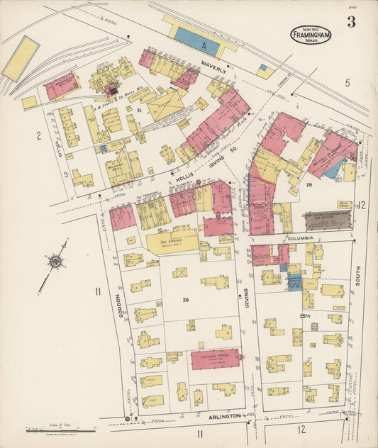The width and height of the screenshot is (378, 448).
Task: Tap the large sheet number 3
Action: [351, 21]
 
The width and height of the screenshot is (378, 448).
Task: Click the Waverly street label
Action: [213, 69]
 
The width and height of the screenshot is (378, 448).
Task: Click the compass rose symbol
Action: [54, 263]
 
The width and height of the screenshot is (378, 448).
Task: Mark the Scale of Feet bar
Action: [60, 430]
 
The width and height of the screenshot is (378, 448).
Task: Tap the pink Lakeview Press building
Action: [216, 359]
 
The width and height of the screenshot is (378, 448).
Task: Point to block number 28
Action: [187, 301]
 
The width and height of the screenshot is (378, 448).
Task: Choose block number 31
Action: [140, 111]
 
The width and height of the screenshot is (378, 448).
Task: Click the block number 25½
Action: [306, 315]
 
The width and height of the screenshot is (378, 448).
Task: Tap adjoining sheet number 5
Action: [348, 83]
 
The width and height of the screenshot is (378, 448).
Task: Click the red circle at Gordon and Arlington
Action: [128, 419]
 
